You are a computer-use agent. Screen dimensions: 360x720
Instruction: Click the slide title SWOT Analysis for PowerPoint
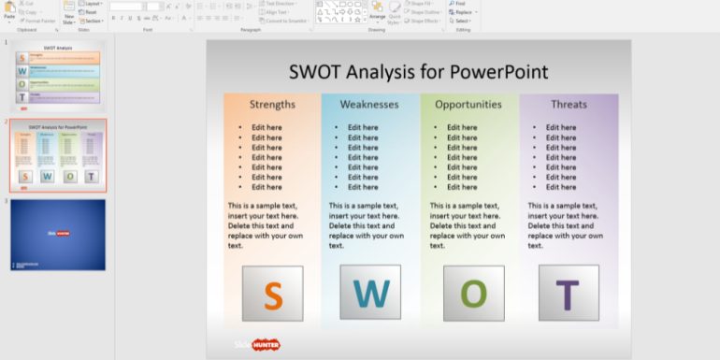(x=418, y=72)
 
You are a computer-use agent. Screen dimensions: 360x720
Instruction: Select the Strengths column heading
(x=272, y=105)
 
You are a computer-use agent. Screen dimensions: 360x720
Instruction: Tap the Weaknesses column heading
(x=369, y=105)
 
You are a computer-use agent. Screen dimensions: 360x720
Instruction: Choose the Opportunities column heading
(x=468, y=105)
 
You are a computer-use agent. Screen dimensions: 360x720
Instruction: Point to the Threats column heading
(x=569, y=105)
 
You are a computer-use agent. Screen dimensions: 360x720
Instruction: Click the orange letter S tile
(x=272, y=294)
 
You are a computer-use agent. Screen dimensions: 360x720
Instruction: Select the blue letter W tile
(x=371, y=294)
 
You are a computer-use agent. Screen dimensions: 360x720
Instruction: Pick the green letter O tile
(x=473, y=294)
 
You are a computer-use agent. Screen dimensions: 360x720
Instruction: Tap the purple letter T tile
(x=569, y=294)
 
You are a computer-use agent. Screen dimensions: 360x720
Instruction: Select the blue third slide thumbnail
(x=58, y=234)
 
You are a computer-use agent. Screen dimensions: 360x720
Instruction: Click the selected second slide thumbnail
(x=58, y=154)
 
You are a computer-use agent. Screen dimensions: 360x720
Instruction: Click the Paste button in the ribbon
(x=9, y=11)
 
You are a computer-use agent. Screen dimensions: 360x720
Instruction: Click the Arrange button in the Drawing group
(x=377, y=11)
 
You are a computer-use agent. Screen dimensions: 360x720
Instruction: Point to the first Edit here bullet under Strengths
(x=266, y=128)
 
